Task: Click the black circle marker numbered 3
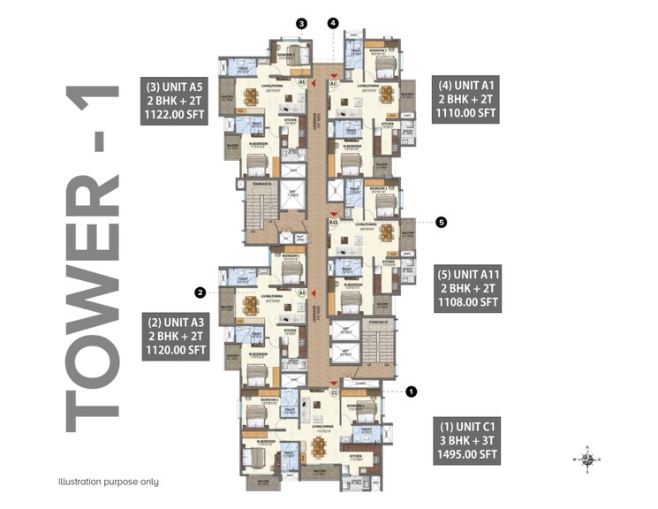[x=301, y=24]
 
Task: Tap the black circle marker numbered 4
[x=333, y=23]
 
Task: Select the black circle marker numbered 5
[x=442, y=223]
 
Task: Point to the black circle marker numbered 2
[x=200, y=292]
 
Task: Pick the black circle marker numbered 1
[x=411, y=391]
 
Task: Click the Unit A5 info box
[x=174, y=101]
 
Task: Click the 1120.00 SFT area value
[x=175, y=350]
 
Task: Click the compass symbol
[x=586, y=459]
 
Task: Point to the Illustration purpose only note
[x=109, y=482]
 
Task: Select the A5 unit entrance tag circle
[x=302, y=81]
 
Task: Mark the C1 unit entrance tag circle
[x=334, y=391]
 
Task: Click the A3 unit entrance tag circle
[x=302, y=292]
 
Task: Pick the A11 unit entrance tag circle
[x=334, y=223]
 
